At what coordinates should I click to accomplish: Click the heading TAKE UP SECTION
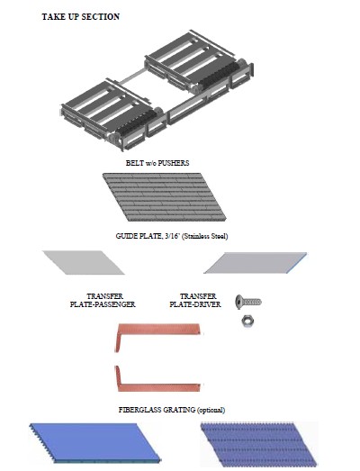pyautogui.click(x=80, y=17)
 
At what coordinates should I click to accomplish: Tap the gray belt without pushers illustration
pyautogui.click(x=164, y=196)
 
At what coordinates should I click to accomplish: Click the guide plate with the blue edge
pyautogui.click(x=256, y=263)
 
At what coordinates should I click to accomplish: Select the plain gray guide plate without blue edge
pyautogui.click(x=84, y=263)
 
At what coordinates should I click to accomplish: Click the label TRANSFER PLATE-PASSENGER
pyautogui.click(x=103, y=301)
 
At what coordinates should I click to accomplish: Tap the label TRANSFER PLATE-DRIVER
pyautogui.click(x=195, y=301)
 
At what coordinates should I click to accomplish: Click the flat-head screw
pyautogui.click(x=248, y=302)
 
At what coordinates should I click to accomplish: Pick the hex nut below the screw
pyautogui.click(x=247, y=322)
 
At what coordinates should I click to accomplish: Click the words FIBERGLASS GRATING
pyautogui.click(x=157, y=410)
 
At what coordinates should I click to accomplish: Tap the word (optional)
pyautogui.click(x=211, y=410)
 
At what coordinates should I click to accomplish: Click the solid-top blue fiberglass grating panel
pyautogui.click(x=94, y=442)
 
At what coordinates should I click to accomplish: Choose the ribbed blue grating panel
pyautogui.click(x=259, y=444)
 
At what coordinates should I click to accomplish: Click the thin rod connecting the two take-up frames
pyautogui.click(x=131, y=78)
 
